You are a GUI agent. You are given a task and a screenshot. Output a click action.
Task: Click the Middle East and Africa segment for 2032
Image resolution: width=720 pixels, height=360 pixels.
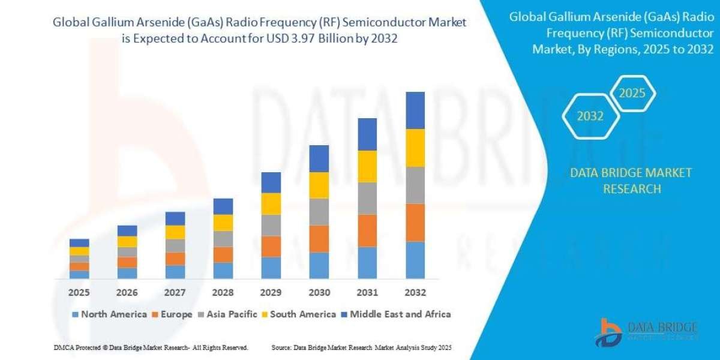click(x=415, y=110)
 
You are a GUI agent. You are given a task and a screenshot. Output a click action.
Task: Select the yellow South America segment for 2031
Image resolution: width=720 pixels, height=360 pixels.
click(x=367, y=166)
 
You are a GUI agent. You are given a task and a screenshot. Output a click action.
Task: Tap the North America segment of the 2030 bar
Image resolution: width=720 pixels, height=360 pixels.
click(x=319, y=265)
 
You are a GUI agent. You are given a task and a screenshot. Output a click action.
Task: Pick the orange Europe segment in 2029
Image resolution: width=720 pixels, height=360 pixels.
click(x=271, y=246)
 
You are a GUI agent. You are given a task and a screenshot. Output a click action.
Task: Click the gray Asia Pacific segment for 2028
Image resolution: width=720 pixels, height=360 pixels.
click(x=223, y=239)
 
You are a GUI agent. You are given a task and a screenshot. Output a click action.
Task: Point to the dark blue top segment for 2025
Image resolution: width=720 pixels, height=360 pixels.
click(x=79, y=242)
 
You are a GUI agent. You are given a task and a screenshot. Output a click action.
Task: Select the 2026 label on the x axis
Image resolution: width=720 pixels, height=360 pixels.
click(x=127, y=293)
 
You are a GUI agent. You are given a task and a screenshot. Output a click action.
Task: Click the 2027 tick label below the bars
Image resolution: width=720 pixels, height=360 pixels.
click(x=175, y=293)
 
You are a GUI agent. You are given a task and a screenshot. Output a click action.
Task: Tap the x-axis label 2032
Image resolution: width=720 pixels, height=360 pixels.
click(x=415, y=293)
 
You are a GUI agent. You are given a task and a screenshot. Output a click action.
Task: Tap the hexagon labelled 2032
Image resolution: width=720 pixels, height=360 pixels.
click(x=590, y=116)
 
